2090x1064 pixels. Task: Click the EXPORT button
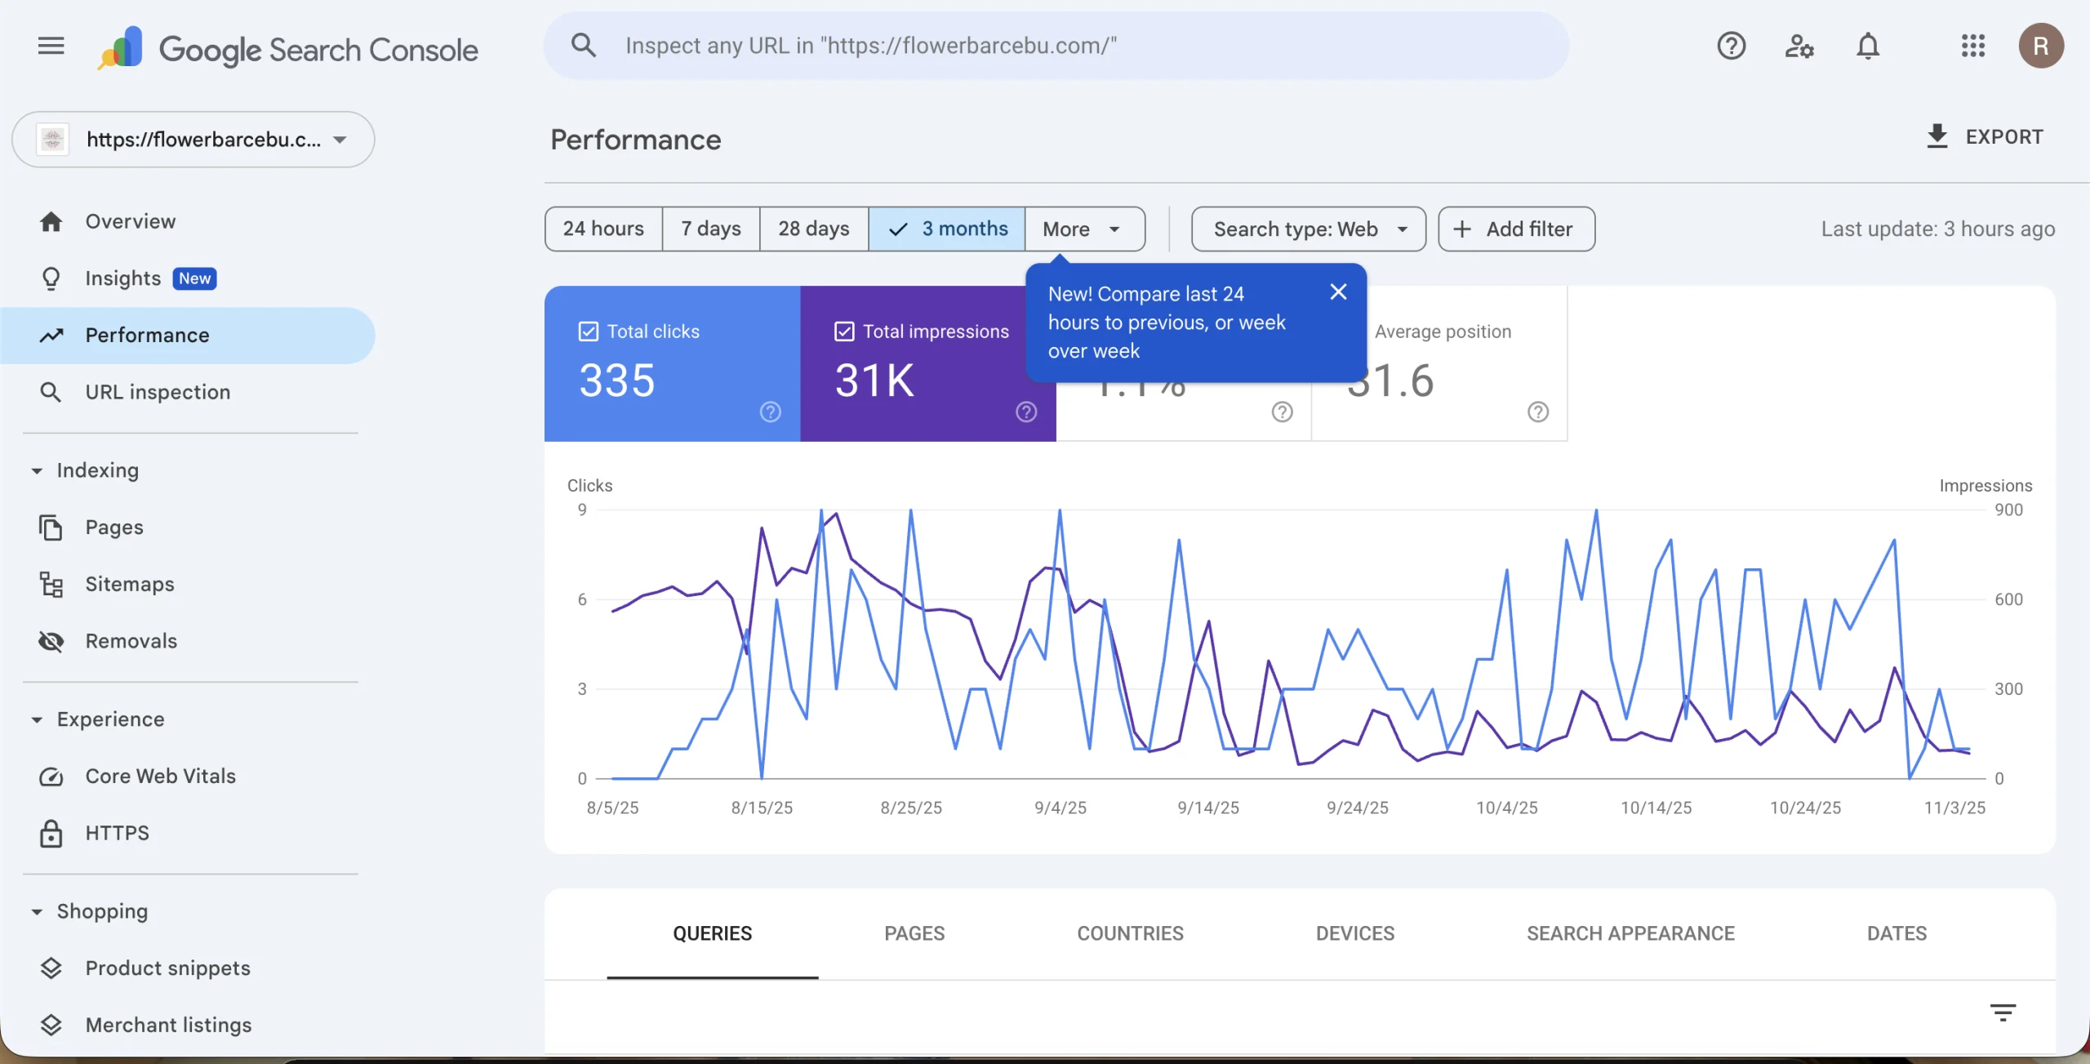tap(1985, 137)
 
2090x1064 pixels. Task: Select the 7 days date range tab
tap(710, 229)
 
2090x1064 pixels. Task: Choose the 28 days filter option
tap(813, 229)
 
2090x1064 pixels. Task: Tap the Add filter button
tap(1516, 229)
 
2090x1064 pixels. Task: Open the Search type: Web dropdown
tap(1308, 229)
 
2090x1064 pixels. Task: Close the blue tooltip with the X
tap(1338, 292)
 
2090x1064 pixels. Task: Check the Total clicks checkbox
tap(589, 332)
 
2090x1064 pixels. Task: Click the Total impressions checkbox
tap(844, 332)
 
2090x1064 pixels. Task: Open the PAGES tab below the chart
tap(914, 933)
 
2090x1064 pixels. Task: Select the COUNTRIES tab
tap(1130, 933)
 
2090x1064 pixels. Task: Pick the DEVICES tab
tap(1354, 933)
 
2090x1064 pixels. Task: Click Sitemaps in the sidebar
tap(130, 584)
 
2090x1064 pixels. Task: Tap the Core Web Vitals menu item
tap(160, 776)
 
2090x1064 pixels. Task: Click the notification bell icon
tap(1868, 46)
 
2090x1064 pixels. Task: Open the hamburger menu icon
tap(51, 46)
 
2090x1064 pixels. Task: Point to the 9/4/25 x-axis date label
tap(1060, 808)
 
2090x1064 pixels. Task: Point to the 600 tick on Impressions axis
tap(2008, 599)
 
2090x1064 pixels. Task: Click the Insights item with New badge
tap(123, 278)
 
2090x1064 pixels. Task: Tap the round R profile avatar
tap(2041, 46)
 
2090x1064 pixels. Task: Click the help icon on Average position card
tap(1538, 412)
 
